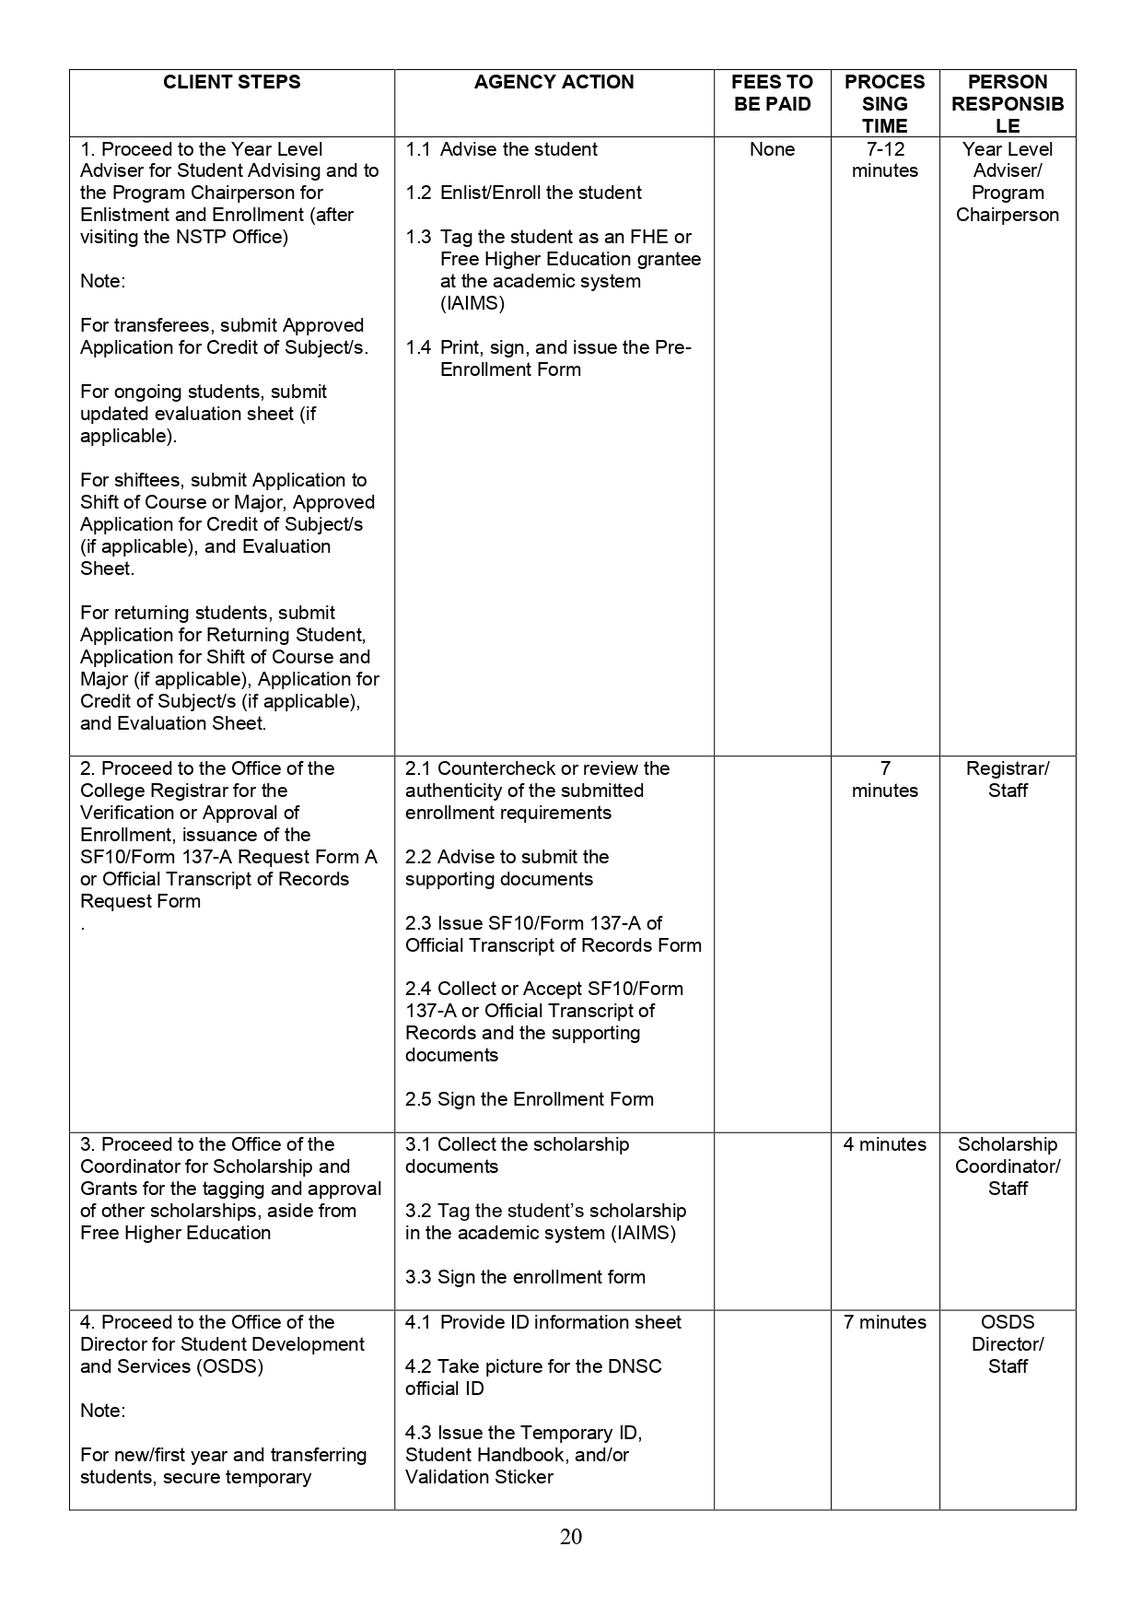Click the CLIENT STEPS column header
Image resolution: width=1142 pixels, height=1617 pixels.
click(231, 82)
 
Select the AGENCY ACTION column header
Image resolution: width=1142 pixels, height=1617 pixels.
click(554, 82)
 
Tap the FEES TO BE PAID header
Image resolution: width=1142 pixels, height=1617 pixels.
click(773, 93)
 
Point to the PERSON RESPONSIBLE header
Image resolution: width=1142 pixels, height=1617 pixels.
click(1008, 103)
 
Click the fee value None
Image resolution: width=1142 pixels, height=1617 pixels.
click(772, 149)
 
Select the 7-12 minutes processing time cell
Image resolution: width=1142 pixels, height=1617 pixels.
click(884, 159)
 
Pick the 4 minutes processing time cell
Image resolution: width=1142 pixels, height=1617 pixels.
click(884, 1144)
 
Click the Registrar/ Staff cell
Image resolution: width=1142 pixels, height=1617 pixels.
click(1008, 779)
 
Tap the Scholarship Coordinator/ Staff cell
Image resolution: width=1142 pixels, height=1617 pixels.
click(1008, 1166)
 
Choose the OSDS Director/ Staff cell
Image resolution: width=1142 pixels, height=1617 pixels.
click(1008, 1344)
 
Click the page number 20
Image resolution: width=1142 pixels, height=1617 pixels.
click(571, 1536)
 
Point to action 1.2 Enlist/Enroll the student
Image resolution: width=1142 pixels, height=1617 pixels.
click(523, 193)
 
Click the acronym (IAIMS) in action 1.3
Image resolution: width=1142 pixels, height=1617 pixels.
click(472, 303)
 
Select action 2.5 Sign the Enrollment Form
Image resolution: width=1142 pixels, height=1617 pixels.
click(529, 1099)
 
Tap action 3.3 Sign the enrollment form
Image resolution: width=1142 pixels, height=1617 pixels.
click(525, 1277)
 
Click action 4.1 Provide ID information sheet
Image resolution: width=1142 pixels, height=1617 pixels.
click(543, 1322)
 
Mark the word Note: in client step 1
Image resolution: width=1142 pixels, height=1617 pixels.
click(103, 281)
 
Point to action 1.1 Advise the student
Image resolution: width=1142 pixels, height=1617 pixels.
click(502, 149)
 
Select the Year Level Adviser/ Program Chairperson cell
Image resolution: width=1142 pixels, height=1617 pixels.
click(1008, 182)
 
